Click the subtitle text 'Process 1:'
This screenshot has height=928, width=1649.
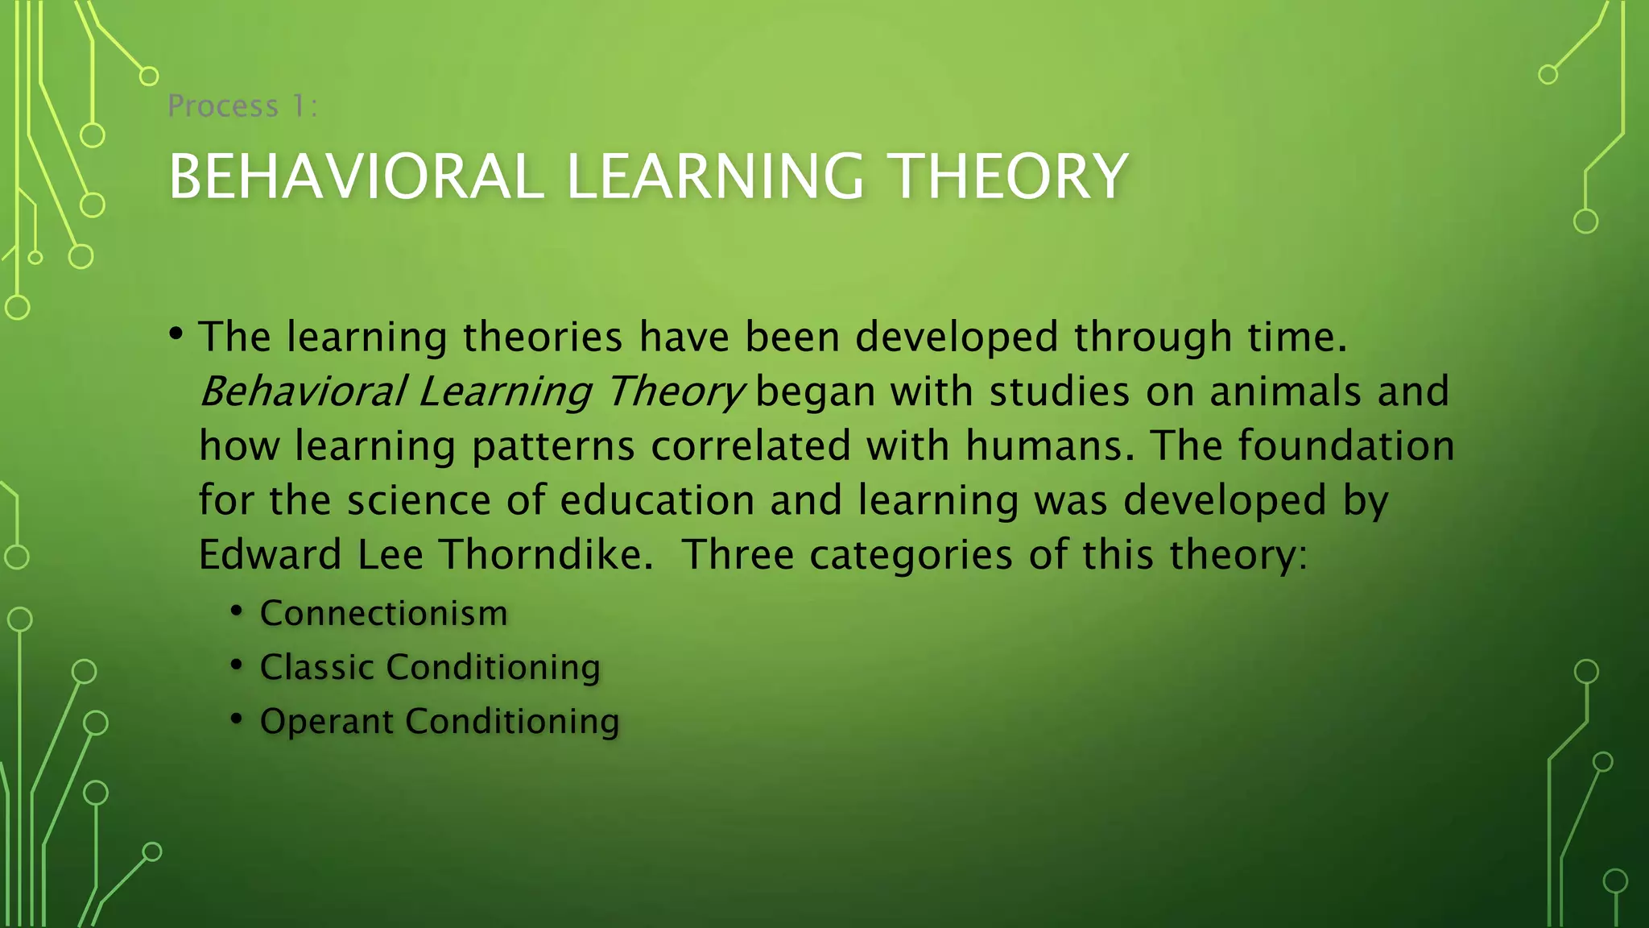click(242, 106)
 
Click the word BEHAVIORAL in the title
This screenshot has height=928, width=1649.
click(355, 176)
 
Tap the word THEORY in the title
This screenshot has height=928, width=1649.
click(1010, 176)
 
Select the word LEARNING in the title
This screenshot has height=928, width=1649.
click(715, 176)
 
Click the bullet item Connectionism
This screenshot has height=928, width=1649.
click(383, 614)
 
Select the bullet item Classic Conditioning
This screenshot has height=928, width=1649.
click(430, 668)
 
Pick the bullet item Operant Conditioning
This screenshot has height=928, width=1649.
click(440, 722)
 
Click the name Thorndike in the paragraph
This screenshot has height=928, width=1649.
click(546, 555)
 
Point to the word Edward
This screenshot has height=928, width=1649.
click(271, 555)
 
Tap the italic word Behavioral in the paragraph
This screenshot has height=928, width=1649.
click(303, 392)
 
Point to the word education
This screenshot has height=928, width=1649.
click(657, 500)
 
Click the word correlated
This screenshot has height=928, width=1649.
click(750, 446)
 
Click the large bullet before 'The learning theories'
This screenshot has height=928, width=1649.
click(176, 333)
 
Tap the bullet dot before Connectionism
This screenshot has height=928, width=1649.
click(236, 611)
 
